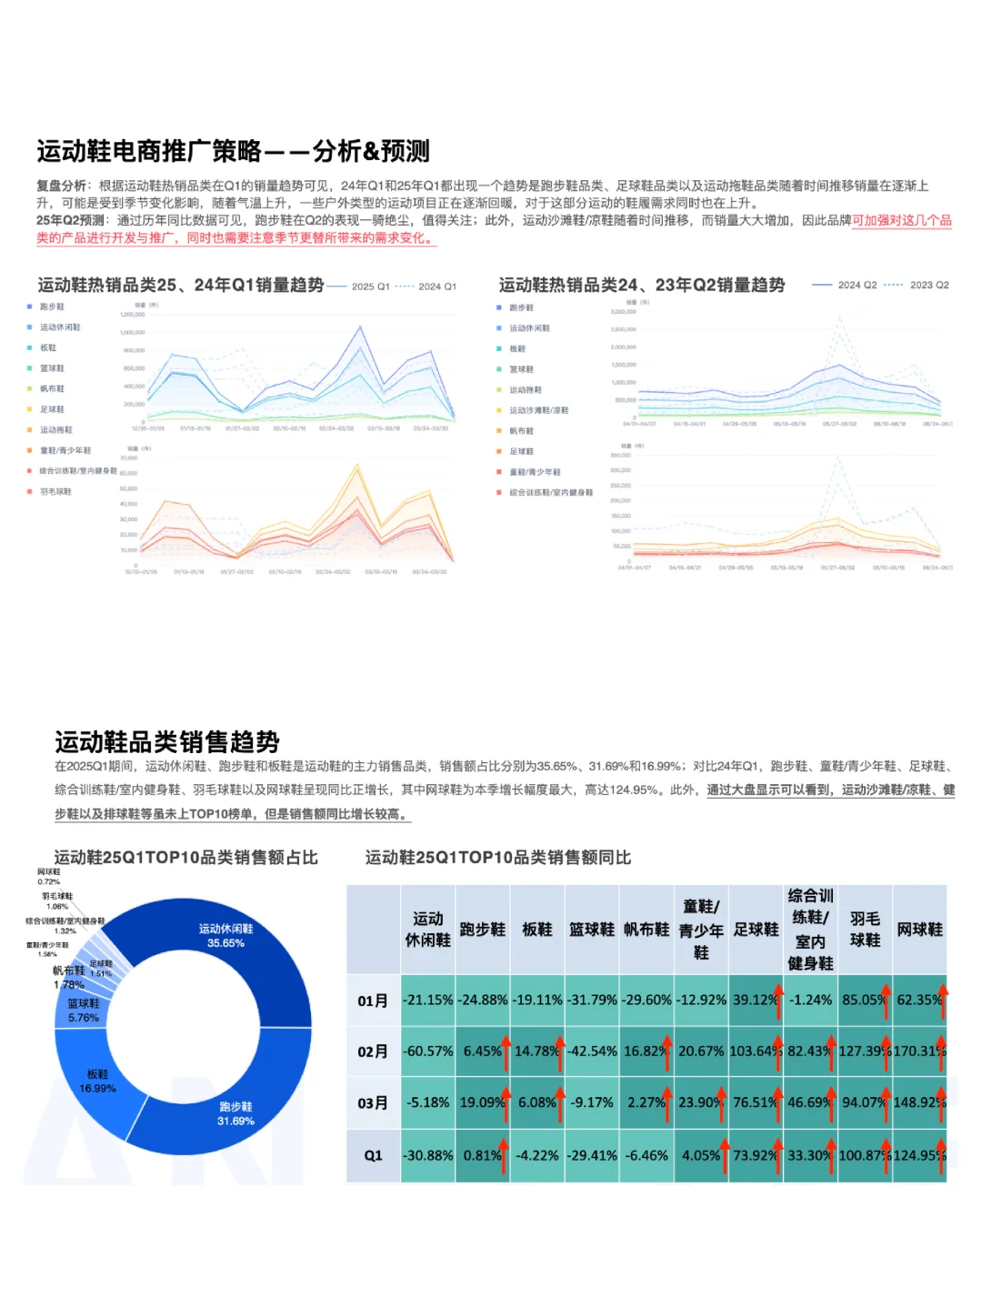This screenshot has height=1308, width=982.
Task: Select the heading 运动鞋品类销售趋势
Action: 167,741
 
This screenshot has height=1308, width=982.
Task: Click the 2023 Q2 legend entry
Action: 919,286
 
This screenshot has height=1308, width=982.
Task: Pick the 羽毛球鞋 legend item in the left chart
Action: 55,492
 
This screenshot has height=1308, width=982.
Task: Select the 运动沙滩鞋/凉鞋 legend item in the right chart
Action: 538,411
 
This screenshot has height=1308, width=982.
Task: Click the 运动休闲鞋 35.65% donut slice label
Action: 225,936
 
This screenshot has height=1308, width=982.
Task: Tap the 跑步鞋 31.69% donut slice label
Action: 235,1114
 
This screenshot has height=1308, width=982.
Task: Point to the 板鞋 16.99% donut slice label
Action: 97,1082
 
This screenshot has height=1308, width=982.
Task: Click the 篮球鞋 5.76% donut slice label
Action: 84,1011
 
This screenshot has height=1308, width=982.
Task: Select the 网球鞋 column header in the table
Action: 919,930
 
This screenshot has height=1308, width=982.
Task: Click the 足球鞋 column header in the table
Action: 756,930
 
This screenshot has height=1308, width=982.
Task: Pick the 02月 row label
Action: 373,1051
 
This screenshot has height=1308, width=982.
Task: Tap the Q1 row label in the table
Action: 373,1155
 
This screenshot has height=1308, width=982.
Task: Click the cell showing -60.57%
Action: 428,1051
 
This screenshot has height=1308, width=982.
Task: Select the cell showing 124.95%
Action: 919,1155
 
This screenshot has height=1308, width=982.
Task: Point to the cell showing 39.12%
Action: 756,1000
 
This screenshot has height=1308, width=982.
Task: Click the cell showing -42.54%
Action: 592,1051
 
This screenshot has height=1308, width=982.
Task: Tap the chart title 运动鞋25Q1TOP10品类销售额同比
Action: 498,858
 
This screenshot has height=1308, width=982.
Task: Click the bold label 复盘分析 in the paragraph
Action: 61,186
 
